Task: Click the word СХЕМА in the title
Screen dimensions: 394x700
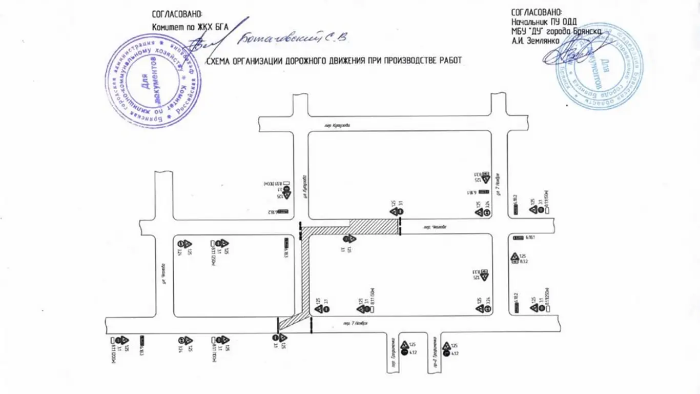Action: (x=218, y=61)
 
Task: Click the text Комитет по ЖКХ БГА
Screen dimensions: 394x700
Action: (x=190, y=26)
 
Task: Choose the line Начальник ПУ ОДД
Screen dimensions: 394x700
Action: (x=544, y=22)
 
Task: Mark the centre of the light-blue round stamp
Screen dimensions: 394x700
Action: (x=600, y=67)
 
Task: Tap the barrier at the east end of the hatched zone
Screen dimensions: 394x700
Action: (x=400, y=226)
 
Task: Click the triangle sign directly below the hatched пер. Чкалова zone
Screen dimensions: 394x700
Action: (x=351, y=239)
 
